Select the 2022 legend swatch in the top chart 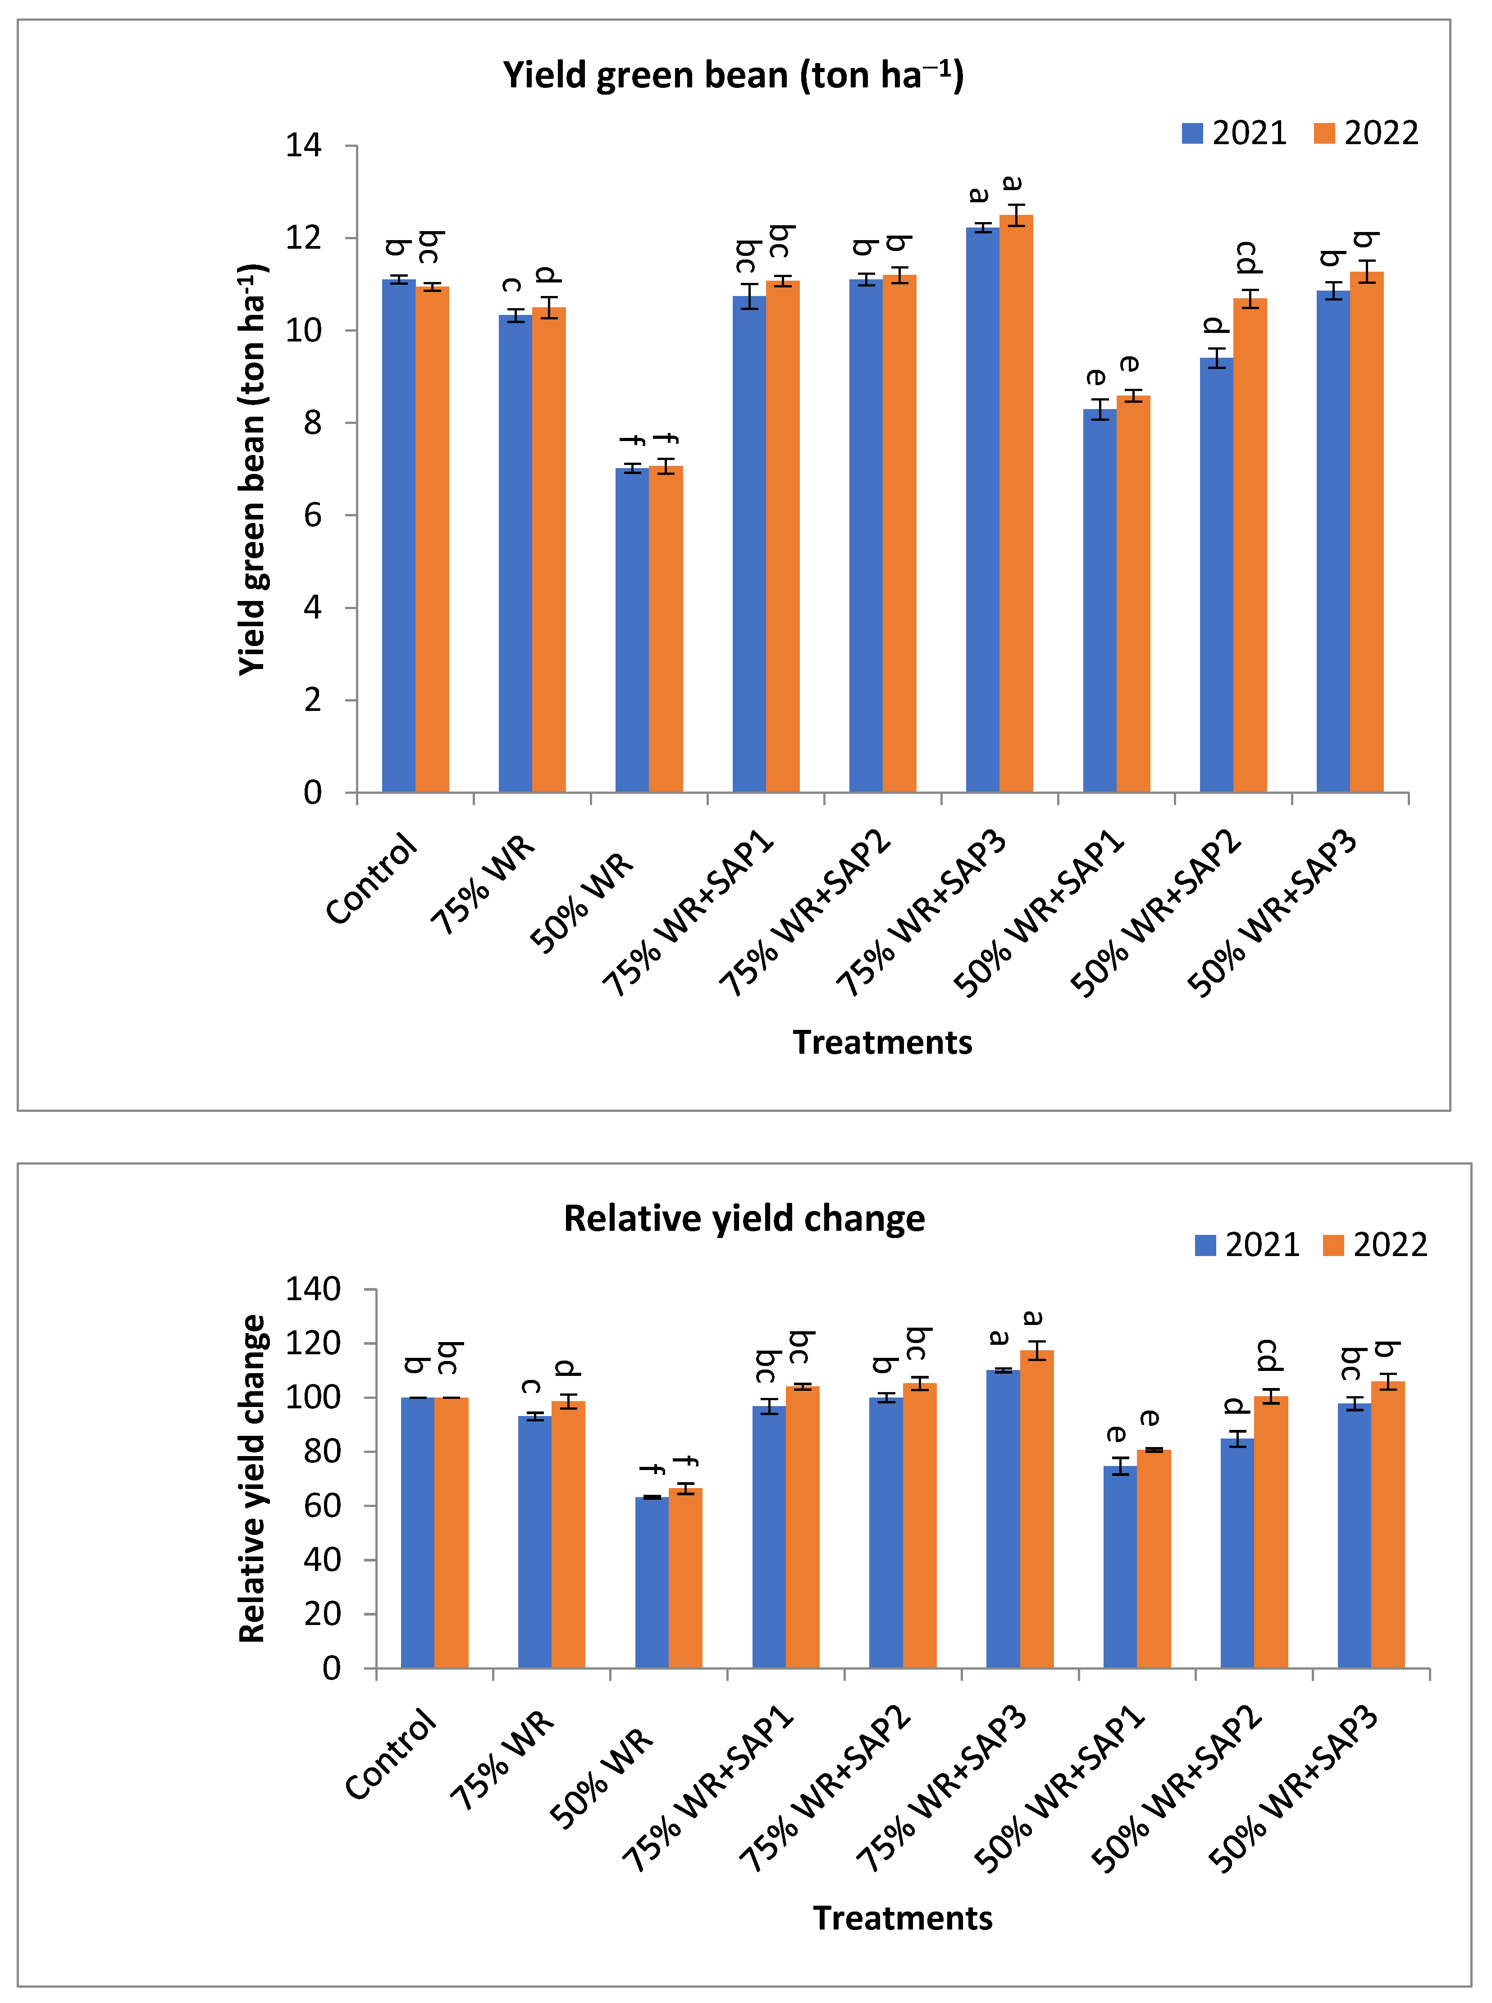click(x=1324, y=134)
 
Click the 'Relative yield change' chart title click(x=744, y=1218)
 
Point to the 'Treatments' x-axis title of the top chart click(x=882, y=1042)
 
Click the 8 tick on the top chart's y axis click(x=312, y=423)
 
